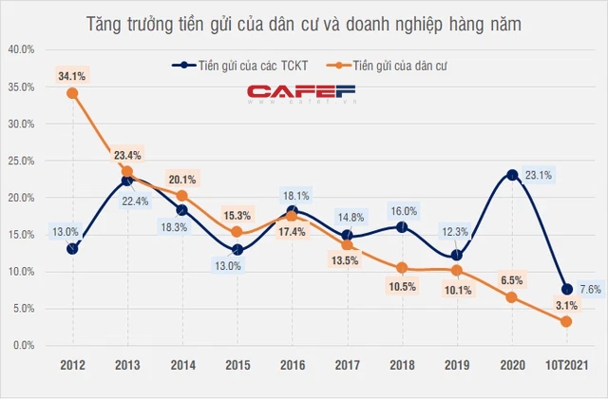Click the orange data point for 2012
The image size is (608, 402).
[72, 93]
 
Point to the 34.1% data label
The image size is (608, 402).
[72, 74]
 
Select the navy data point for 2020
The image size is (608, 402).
[512, 175]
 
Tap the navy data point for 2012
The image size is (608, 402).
[72, 249]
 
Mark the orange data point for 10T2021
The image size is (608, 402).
[567, 322]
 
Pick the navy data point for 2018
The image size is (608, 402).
[402, 227]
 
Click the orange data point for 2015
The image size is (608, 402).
[237, 232]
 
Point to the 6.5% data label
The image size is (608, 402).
[513, 279]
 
